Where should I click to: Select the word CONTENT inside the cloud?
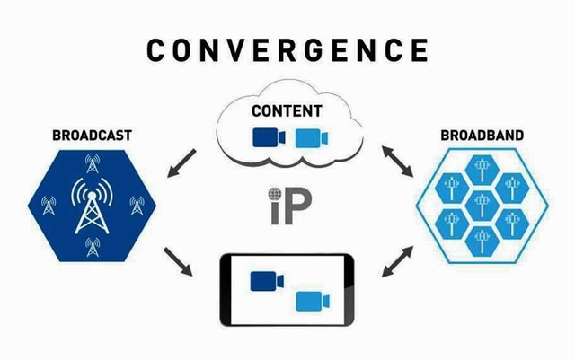pyautogui.click(x=287, y=112)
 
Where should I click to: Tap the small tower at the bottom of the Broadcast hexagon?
pyautogui.click(x=91, y=245)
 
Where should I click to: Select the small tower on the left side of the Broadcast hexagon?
pyautogui.click(x=46, y=205)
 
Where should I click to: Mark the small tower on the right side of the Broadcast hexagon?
pyautogui.click(x=137, y=205)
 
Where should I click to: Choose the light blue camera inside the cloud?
pyautogui.click(x=307, y=136)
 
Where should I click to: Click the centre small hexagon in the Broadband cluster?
pyautogui.click(x=482, y=203)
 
